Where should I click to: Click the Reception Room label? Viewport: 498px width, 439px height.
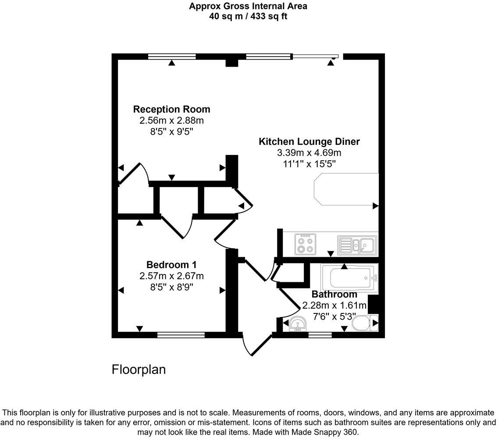171,109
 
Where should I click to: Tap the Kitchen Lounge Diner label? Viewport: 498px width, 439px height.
309,141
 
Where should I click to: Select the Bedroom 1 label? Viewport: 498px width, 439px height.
171,265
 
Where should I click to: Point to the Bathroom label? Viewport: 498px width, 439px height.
334,294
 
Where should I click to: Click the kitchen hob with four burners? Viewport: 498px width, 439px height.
306,244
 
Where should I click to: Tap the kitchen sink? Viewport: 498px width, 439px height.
357,245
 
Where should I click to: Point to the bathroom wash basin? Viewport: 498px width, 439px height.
298,324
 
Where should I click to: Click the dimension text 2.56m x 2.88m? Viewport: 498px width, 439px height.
171,120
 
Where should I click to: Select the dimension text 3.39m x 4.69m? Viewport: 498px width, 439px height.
309,153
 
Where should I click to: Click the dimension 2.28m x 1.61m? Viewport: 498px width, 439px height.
334,305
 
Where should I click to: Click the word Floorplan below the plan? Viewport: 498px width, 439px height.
139,370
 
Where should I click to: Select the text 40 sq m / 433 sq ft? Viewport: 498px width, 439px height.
248,17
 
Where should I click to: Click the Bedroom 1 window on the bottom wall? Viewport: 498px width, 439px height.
181,335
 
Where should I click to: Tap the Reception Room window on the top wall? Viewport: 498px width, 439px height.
172,56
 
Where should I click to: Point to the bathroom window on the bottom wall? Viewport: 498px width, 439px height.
320,335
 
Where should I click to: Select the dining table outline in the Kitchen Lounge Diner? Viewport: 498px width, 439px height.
346,189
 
